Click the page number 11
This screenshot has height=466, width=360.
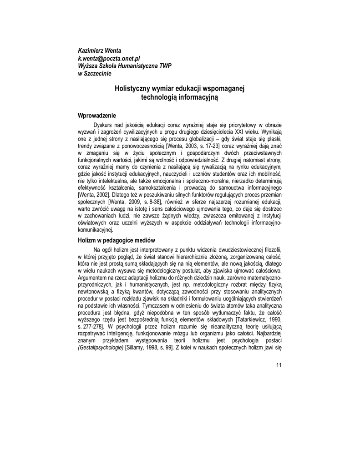point(279,365)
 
